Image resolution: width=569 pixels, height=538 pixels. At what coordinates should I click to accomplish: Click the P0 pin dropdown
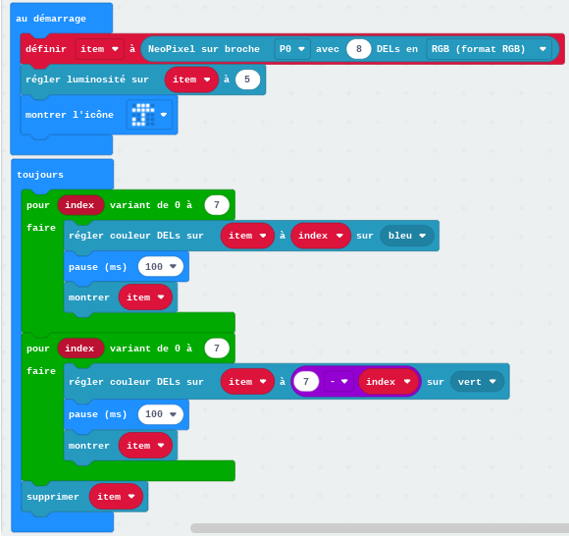(x=292, y=49)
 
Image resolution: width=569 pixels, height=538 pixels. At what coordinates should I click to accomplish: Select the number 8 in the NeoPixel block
(x=358, y=49)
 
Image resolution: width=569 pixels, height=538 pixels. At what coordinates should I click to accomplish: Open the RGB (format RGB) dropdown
(x=489, y=49)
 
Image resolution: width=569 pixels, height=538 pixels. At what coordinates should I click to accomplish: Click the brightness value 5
(x=247, y=80)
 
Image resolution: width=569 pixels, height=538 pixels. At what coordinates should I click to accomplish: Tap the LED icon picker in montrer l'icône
(x=149, y=115)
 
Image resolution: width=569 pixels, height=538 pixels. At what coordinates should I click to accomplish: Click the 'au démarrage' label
(x=51, y=19)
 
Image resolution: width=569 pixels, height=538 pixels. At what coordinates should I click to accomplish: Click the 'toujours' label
(x=40, y=175)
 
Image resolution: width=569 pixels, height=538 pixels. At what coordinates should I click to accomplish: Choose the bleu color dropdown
(x=407, y=236)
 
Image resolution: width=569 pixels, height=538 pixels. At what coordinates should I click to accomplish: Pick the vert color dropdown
(x=477, y=382)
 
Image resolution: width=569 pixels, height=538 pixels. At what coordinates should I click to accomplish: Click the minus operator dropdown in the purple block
(x=338, y=382)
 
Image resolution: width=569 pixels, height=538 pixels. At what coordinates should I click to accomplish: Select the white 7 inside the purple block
(x=306, y=382)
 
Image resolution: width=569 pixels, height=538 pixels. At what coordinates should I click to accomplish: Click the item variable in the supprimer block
(x=116, y=497)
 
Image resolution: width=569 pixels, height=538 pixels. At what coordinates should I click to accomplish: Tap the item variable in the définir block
(x=99, y=49)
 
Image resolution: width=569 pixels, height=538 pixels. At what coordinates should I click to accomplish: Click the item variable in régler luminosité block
(x=191, y=80)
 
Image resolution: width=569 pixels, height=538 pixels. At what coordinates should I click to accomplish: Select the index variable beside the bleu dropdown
(x=321, y=236)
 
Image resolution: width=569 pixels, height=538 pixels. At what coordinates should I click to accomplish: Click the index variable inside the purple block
(x=388, y=382)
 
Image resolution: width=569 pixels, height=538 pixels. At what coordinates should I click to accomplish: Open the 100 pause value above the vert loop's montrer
(x=160, y=414)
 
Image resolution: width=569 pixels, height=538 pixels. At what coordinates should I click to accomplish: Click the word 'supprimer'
(x=53, y=497)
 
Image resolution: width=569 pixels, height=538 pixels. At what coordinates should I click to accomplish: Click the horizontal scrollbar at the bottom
(x=380, y=528)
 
